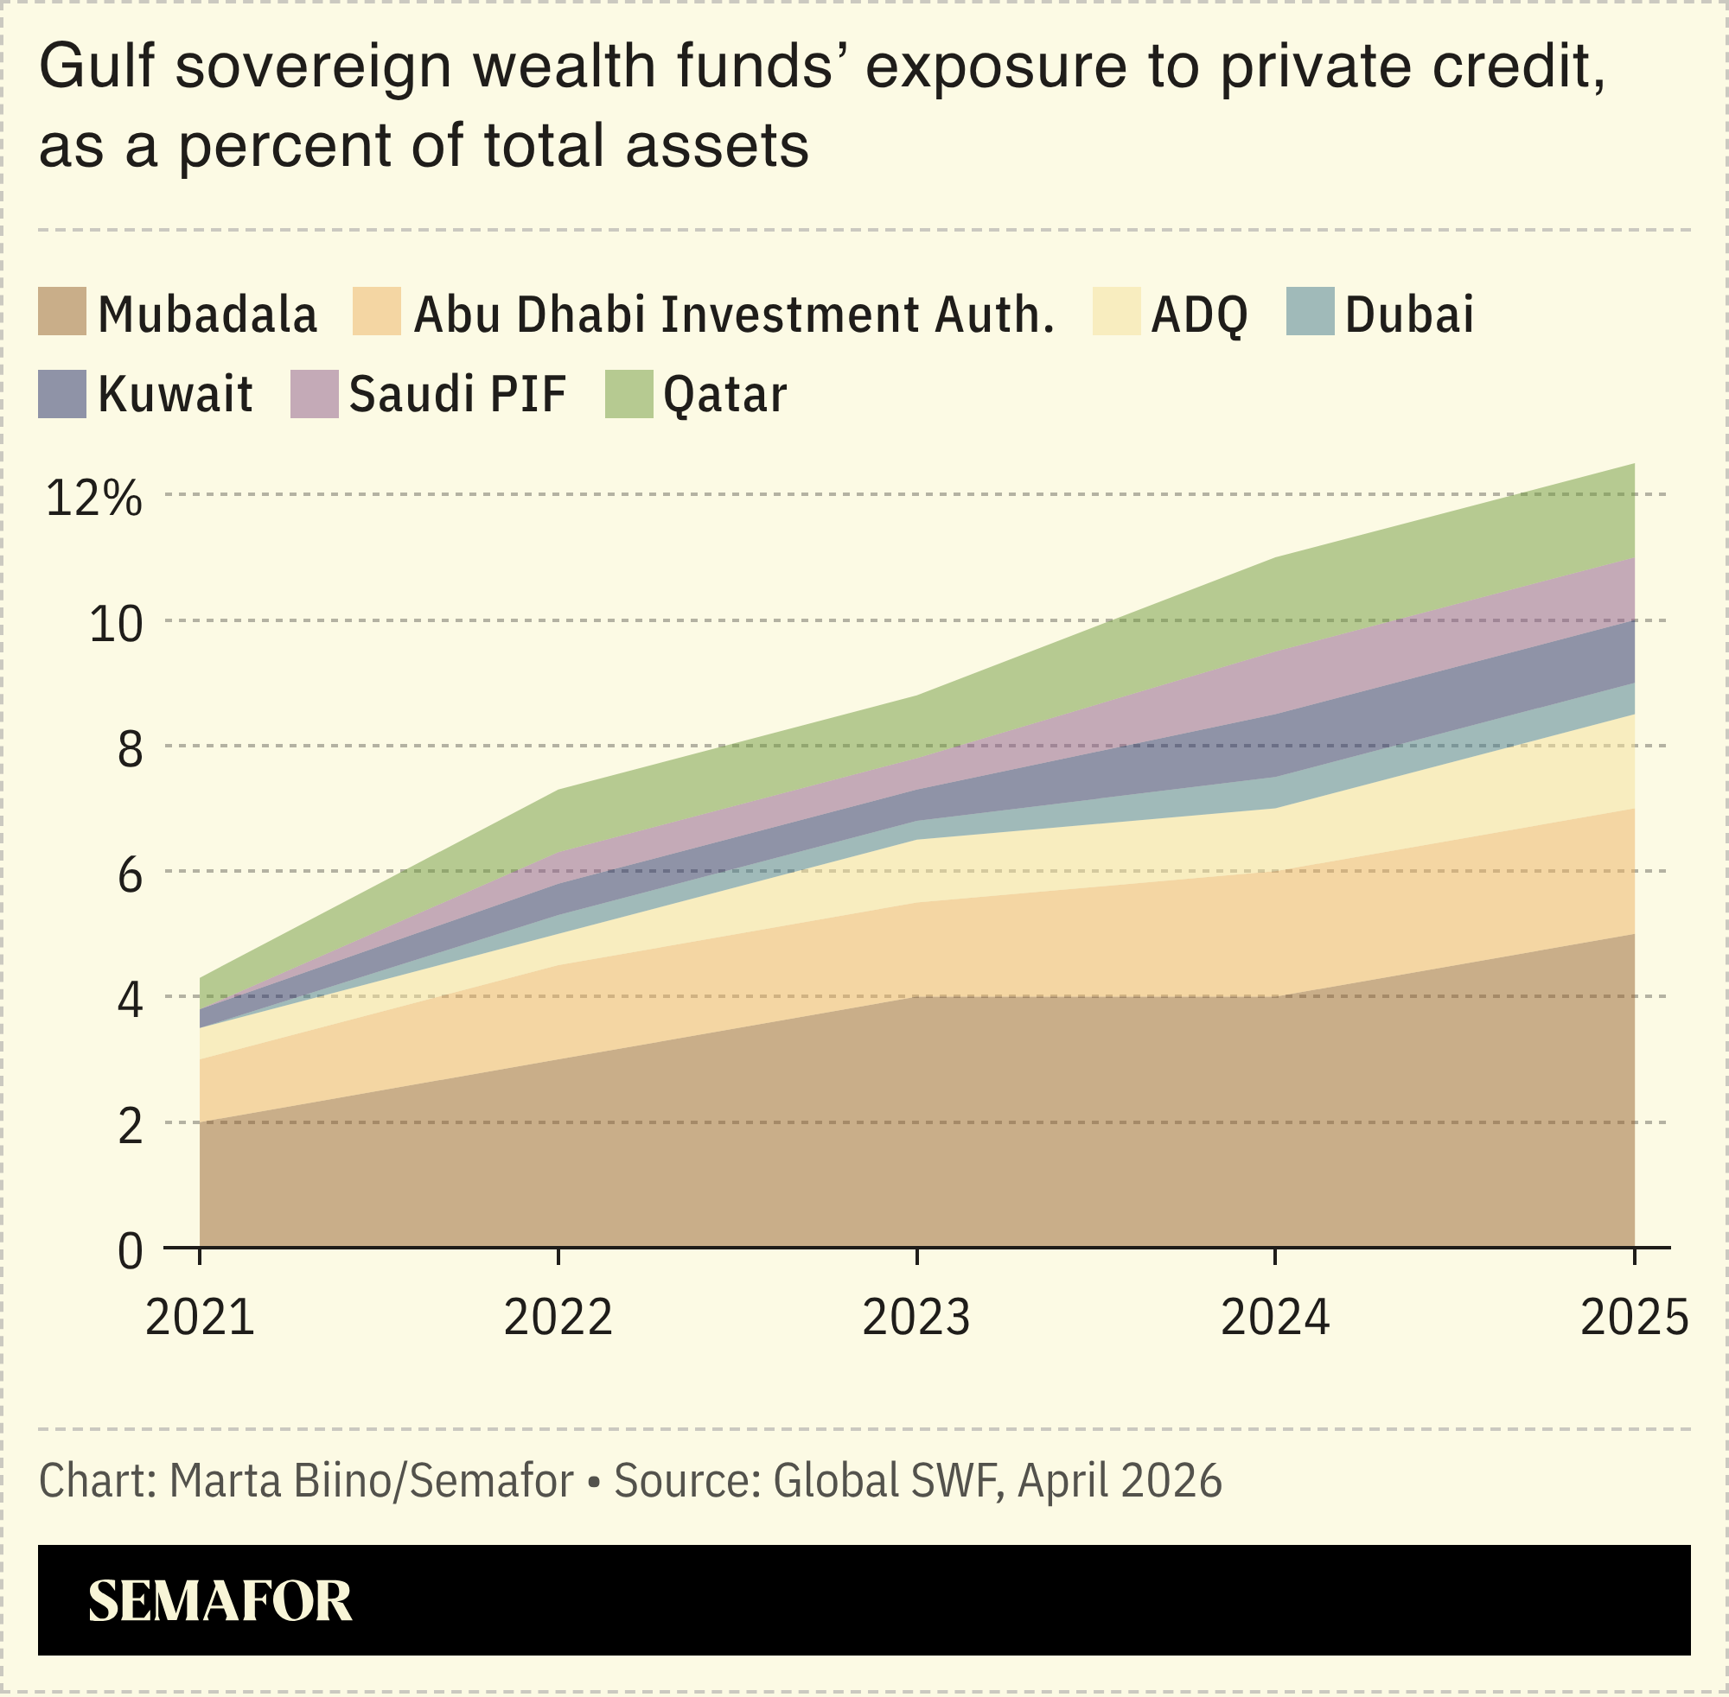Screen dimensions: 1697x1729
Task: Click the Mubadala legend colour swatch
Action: (x=61, y=311)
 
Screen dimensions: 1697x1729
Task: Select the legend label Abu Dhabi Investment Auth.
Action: (x=733, y=315)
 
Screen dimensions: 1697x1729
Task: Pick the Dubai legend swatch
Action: (x=1310, y=311)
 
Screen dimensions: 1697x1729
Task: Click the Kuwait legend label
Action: (x=175, y=394)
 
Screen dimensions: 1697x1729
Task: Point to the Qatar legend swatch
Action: (x=628, y=394)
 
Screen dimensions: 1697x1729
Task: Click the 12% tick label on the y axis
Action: (x=93, y=499)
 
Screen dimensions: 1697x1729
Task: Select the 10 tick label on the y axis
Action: (x=115, y=624)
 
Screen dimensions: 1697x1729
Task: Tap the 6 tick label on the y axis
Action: (x=131, y=875)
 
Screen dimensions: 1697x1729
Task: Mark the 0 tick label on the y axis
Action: (x=131, y=1252)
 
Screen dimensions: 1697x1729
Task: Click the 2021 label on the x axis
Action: (x=200, y=1318)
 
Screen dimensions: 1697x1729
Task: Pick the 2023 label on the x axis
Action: (x=916, y=1318)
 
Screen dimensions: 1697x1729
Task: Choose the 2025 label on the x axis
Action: (x=1634, y=1318)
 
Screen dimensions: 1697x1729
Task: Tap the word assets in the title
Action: (x=716, y=145)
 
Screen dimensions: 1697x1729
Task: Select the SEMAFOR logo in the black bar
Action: (x=220, y=1601)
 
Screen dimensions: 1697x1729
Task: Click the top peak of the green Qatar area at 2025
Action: (x=1632, y=466)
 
